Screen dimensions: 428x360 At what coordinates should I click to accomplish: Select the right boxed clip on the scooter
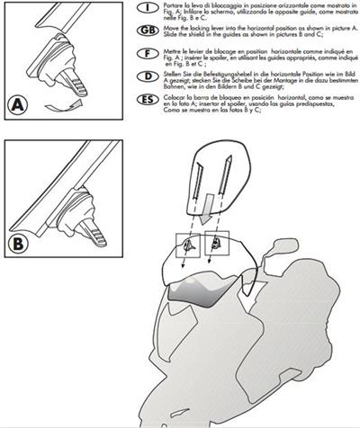tap(217, 242)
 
